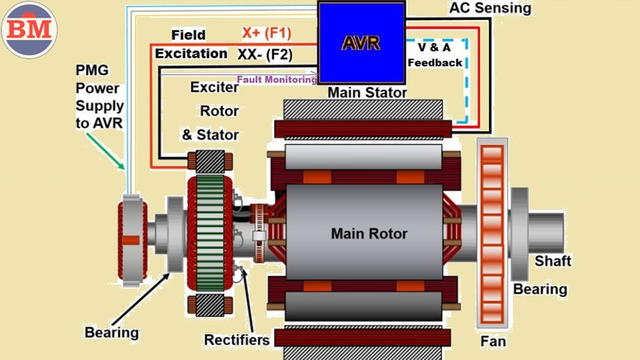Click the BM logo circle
tap(29, 29)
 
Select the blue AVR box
tap(360, 42)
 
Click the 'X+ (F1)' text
tap(266, 34)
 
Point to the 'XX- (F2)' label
tap(265, 54)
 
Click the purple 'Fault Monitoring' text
tap(278, 79)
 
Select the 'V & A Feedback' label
tap(435, 55)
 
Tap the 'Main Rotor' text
tap(370, 234)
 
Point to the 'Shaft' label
tap(553, 262)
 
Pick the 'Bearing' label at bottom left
tap(111, 331)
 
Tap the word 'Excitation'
tap(191, 54)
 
